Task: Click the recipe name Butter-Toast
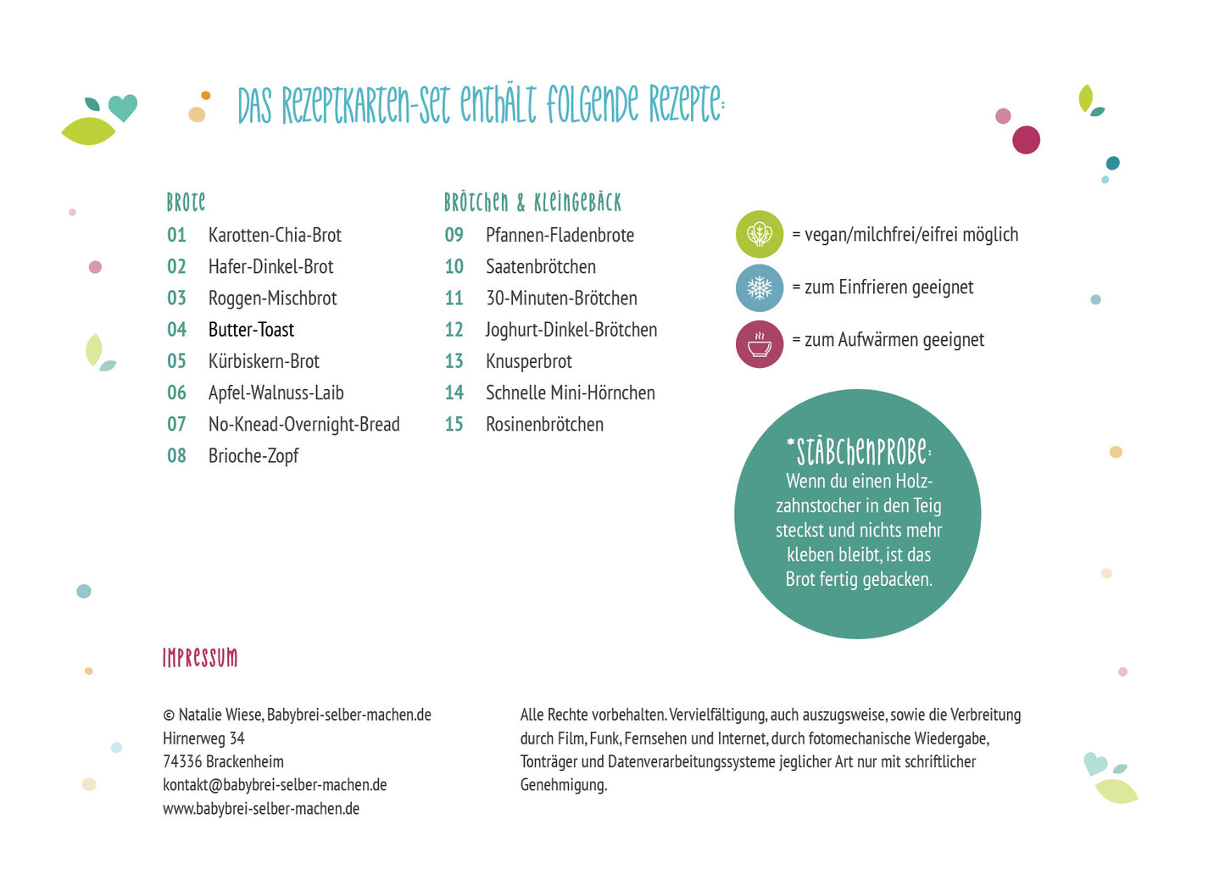tap(251, 330)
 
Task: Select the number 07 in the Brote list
tap(176, 425)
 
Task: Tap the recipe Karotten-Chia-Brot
tap(275, 235)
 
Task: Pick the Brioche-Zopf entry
tap(253, 456)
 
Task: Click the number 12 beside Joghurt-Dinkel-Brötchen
tap(454, 330)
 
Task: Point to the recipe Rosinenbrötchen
tap(545, 425)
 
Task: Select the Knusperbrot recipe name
tap(529, 361)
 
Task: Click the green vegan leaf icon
tap(759, 234)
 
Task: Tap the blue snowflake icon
tap(759, 287)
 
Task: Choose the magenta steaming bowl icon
tap(759, 344)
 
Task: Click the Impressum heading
tap(200, 657)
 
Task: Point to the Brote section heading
tap(186, 203)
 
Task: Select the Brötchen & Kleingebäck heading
tap(532, 203)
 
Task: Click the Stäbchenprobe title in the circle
tap(859, 452)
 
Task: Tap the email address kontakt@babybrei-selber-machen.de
tap(275, 785)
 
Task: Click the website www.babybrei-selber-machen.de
tap(261, 808)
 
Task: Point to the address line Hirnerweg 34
tap(203, 738)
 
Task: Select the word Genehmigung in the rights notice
tap(564, 785)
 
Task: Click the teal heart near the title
tap(122, 107)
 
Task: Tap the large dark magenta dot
tap(1026, 139)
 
